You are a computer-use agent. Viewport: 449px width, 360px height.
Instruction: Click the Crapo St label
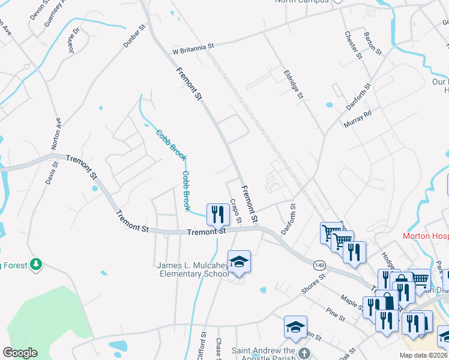tap(235, 211)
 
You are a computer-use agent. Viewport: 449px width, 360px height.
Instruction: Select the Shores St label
tap(313, 284)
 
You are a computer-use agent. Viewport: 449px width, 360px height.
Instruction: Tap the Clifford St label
tap(202, 347)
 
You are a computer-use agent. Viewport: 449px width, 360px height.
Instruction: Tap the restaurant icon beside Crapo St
tap(217, 214)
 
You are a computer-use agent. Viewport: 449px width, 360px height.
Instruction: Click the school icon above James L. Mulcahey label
tap(239, 262)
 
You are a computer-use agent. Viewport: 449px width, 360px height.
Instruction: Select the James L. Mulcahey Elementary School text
tap(192, 270)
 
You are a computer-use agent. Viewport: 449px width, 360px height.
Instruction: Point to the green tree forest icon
tap(37, 263)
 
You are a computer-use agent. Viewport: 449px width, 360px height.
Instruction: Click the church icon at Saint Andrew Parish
tap(305, 353)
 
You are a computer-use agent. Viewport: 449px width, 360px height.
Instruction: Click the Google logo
tap(20, 353)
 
